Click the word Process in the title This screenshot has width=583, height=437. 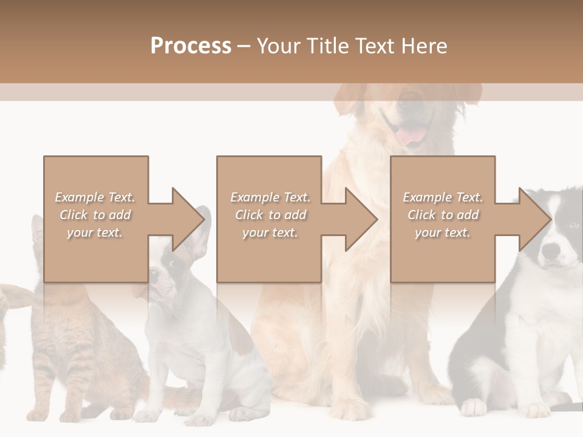(x=191, y=46)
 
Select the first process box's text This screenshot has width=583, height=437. (x=95, y=215)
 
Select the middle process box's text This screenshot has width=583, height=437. (x=270, y=215)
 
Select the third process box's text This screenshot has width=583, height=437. (x=443, y=215)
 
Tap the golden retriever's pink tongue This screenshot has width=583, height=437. (x=412, y=135)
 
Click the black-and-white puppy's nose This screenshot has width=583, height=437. (x=551, y=249)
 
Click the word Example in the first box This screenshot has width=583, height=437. (x=80, y=197)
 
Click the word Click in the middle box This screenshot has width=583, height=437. (x=248, y=215)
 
